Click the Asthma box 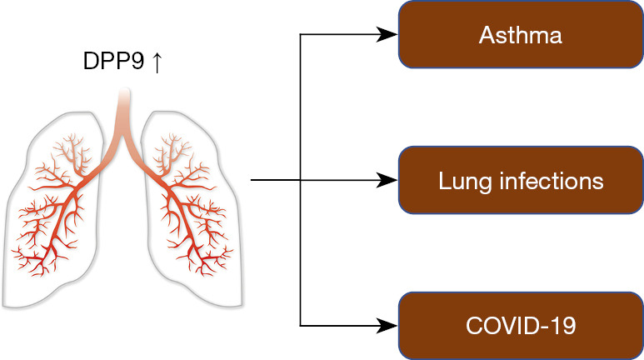[x=521, y=35]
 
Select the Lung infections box [x=521, y=180]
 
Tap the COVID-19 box [x=521, y=325]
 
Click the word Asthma [x=521, y=36]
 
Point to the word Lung [x=457, y=181]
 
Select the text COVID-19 [x=521, y=325]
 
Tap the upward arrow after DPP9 [x=156, y=62]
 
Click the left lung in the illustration [x=58, y=208]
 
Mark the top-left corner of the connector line [x=300, y=35]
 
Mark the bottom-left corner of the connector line [x=300, y=325]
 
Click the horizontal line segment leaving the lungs [x=275, y=180]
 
